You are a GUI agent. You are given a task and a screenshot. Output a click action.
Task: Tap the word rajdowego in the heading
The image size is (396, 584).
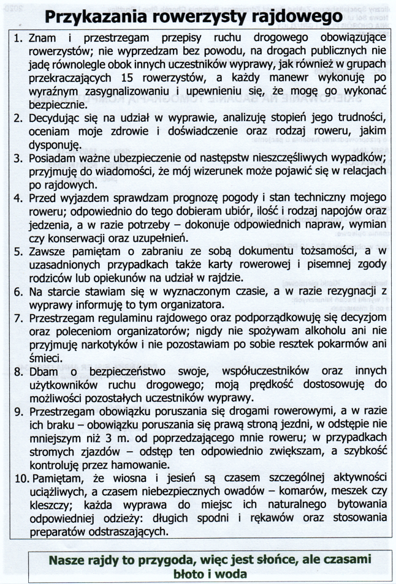[x=294, y=17]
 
